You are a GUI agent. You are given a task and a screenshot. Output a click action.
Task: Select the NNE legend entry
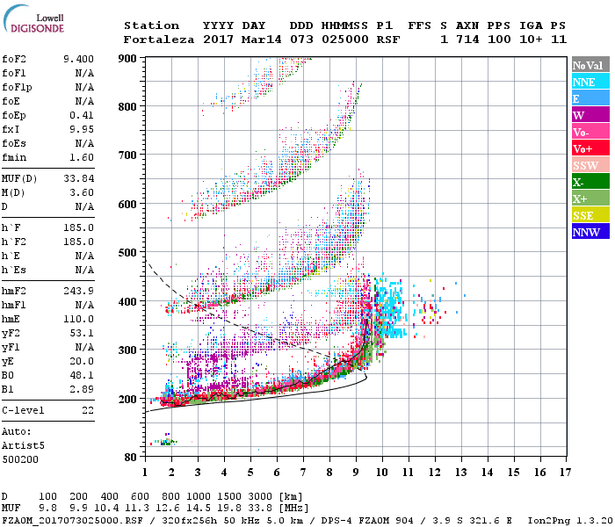point(584,82)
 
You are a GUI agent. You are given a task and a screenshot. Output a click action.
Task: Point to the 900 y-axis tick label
point(128,58)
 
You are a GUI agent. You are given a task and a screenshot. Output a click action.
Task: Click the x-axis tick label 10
point(382,473)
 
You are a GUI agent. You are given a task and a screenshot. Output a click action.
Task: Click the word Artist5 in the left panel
point(22,445)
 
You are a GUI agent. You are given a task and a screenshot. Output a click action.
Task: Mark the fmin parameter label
point(16,157)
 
